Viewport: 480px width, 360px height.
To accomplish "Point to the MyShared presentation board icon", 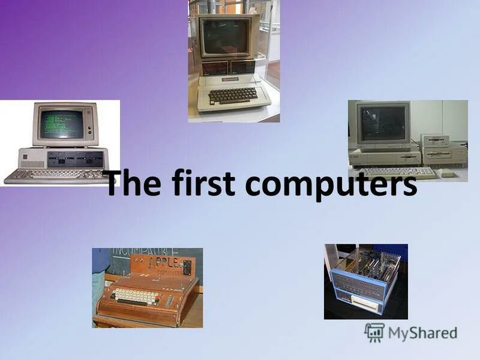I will pos(374,332).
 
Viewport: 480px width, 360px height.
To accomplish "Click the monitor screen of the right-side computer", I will pos(382,124).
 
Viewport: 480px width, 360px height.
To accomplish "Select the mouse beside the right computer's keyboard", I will pos(447,173).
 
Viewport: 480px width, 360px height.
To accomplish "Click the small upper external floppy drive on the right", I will pos(436,140).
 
